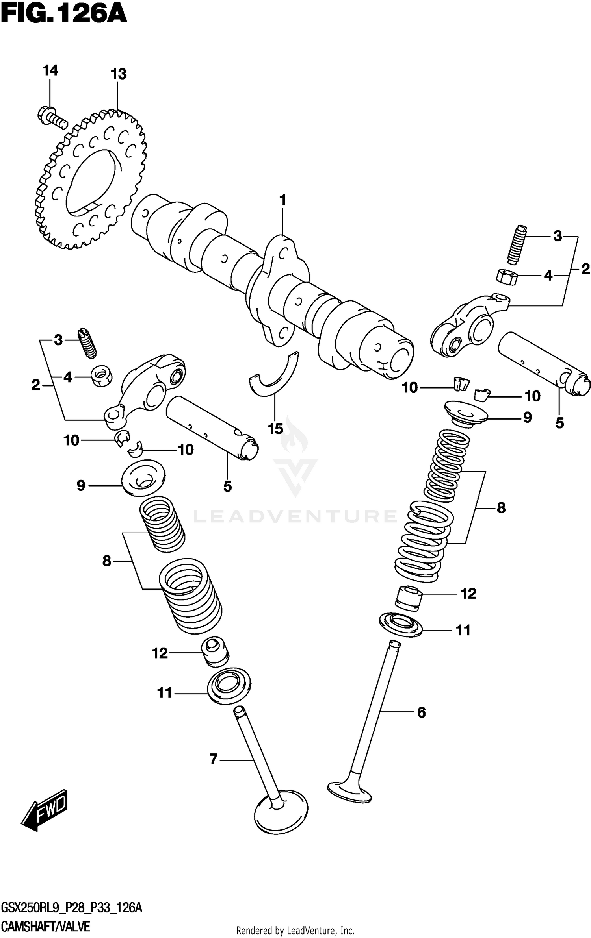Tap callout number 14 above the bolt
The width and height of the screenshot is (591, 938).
pos(50,70)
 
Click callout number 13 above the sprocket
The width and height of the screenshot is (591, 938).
pos(118,74)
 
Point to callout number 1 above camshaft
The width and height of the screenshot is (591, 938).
pos(282,200)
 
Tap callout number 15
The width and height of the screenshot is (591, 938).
pos(275,429)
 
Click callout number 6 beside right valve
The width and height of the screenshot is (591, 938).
pos(421,712)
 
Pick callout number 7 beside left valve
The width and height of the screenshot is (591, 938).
pos(214,759)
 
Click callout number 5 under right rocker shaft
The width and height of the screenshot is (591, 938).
pos(559,423)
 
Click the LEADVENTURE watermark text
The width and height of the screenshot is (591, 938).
pos(295,516)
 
